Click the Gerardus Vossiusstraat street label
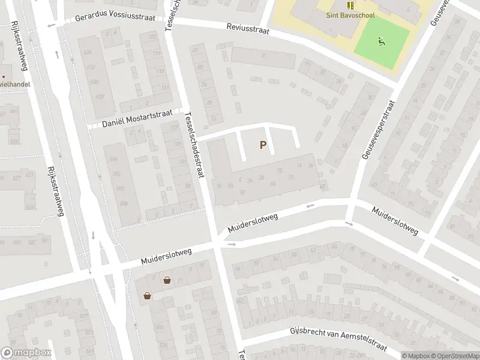pyautogui.click(x=115, y=18)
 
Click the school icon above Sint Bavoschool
pyautogui.click(x=349, y=6)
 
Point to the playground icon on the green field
pyautogui.click(x=380, y=41)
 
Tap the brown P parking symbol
pyautogui.click(x=263, y=145)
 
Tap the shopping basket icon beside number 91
pyautogui.click(x=166, y=280)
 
